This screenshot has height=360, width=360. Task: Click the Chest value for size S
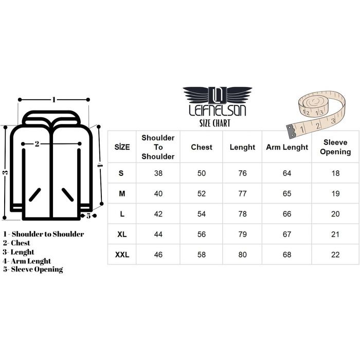[x=202, y=173]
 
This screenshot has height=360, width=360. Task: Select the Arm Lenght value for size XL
[x=287, y=234]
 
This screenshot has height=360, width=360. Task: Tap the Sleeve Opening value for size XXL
[x=335, y=255]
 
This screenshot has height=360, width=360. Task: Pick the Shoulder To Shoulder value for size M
[x=158, y=193]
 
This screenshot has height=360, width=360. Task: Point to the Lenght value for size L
[x=242, y=214]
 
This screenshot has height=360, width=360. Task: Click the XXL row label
[x=122, y=255]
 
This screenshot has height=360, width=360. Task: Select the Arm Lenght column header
[x=287, y=147]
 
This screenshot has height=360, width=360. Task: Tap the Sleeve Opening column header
[x=335, y=147]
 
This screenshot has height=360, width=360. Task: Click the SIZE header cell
[x=122, y=147]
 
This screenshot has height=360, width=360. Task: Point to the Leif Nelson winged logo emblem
[x=218, y=95]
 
